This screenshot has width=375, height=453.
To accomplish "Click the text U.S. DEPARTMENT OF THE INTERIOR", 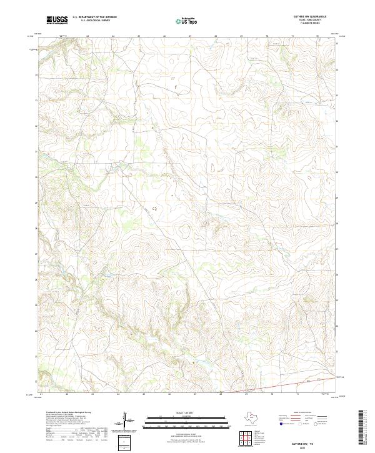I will [x=94, y=17].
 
